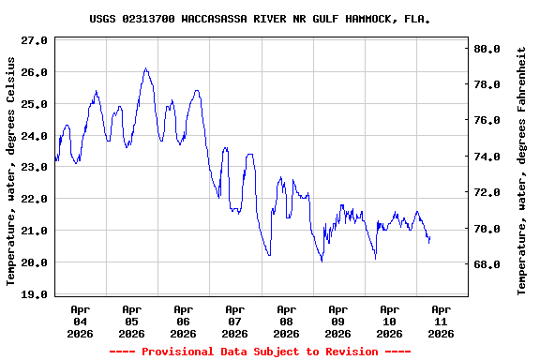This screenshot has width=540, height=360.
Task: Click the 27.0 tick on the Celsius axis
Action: [34, 41]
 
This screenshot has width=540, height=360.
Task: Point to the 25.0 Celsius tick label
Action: [34, 104]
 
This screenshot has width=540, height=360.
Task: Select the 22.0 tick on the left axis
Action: [34, 199]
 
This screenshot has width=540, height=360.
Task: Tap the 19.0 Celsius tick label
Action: [34, 294]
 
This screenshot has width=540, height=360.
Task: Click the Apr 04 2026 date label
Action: [81, 321]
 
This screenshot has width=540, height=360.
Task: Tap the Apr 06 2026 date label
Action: [184, 321]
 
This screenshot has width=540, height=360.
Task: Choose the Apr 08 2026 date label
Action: [287, 321]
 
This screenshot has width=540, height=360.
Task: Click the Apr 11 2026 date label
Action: [441, 321]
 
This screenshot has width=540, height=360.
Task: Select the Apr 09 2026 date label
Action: [337, 321]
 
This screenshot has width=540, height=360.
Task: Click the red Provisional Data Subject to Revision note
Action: [260, 352]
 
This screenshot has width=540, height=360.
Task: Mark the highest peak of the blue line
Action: [145, 68]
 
